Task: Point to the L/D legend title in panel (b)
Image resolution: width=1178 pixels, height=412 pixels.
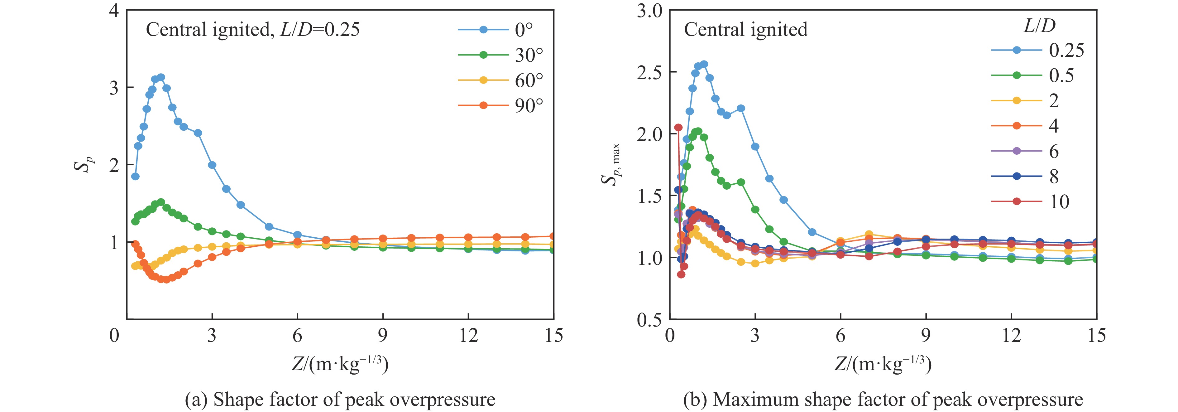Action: (x=1039, y=26)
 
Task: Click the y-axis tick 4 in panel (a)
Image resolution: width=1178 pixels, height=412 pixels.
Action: (x=114, y=10)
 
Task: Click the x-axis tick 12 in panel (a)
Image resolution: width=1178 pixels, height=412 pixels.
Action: (x=468, y=336)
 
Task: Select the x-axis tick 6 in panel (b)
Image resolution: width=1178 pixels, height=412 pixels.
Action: (x=840, y=336)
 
